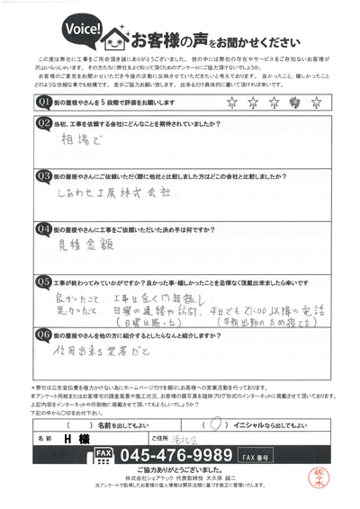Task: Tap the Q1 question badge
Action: coord(41,103)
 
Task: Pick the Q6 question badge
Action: coord(41,334)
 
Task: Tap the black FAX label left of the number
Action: coord(103,452)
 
